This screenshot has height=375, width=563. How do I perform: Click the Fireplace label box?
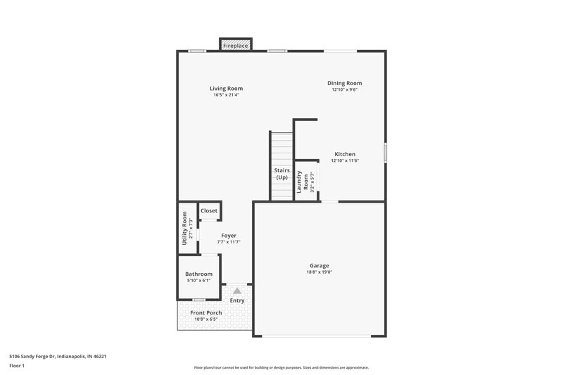[x=236, y=46]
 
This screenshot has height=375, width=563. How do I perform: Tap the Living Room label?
[x=226, y=89]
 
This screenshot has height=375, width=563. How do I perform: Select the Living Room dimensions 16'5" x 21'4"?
[x=226, y=95]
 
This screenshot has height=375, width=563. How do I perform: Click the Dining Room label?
[x=344, y=83]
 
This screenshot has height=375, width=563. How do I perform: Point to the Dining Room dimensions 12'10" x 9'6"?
[x=344, y=89]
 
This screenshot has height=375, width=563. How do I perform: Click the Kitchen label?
[x=345, y=154]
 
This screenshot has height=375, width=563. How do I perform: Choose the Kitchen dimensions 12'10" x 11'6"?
[x=345, y=160]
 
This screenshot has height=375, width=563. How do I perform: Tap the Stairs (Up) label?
[x=281, y=174]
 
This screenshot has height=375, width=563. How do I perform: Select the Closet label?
[x=209, y=210]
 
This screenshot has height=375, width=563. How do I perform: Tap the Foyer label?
[x=229, y=236]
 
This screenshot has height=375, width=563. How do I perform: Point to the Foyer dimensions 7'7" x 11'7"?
[x=229, y=242]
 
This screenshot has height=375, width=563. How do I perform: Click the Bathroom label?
[x=198, y=274]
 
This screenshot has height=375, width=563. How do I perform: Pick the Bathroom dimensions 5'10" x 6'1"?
[x=198, y=280]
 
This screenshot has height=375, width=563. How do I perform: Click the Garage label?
[x=319, y=265]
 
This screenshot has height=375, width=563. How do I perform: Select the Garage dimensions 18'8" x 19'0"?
[x=319, y=272]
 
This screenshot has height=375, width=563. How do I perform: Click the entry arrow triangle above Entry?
[x=237, y=290]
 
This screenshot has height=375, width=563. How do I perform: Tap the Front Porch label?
[x=206, y=312]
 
